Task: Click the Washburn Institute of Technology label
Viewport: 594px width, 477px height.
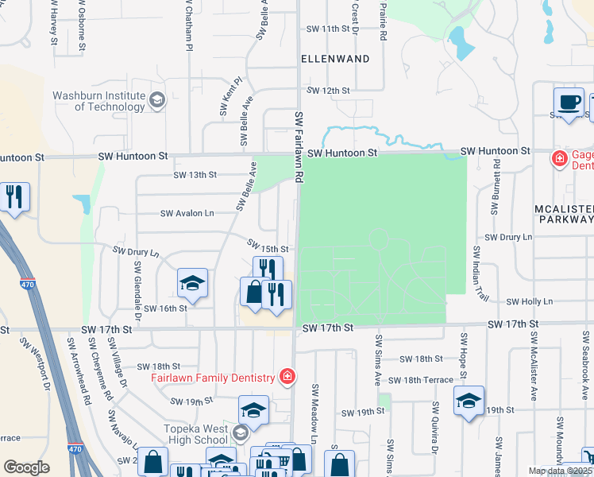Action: [x=98, y=101]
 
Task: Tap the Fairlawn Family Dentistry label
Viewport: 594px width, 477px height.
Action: [x=212, y=377]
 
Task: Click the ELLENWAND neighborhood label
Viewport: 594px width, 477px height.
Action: [x=335, y=59]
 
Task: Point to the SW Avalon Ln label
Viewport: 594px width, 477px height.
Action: [x=187, y=213]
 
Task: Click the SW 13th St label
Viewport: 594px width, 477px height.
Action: [x=195, y=175]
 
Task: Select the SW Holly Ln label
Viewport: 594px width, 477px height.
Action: [x=529, y=301]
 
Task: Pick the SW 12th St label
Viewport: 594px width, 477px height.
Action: [x=328, y=91]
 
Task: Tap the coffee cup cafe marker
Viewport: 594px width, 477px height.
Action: [x=569, y=103]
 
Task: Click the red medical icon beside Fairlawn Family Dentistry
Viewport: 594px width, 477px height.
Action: [x=287, y=376]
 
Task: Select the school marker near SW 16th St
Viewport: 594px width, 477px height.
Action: [x=191, y=283]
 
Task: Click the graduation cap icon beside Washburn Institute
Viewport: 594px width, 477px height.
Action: [x=156, y=99]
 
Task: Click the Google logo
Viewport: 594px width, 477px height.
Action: [x=27, y=467]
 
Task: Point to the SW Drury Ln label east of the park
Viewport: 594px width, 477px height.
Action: [x=508, y=238]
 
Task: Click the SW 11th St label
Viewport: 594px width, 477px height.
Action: [x=328, y=29]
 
